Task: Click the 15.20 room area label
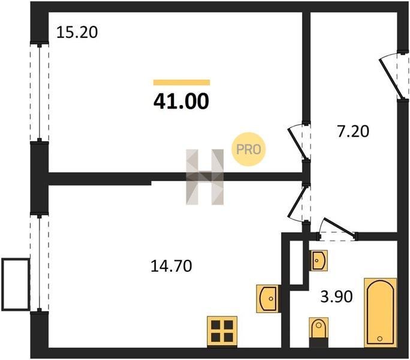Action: [77, 32]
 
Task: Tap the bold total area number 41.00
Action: [181, 101]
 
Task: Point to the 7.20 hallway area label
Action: [353, 131]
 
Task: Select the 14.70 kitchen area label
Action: [171, 266]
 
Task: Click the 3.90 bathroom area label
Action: [336, 296]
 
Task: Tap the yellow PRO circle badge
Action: [248, 149]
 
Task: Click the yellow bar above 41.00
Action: [182, 82]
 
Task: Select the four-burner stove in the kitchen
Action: [222, 331]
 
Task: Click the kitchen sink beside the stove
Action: [267, 298]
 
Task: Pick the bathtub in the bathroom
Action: [381, 313]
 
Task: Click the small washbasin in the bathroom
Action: [318, 260]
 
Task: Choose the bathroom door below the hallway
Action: [337, 229]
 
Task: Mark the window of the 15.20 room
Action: [39, 92]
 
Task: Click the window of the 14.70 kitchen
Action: [39, 263]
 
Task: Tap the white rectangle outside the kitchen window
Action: [16, 284]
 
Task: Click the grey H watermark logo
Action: [205, 177]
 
